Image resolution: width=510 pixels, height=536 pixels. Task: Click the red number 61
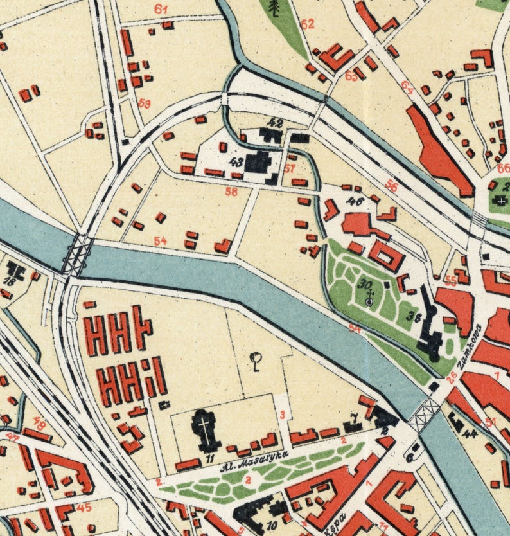[161, 10]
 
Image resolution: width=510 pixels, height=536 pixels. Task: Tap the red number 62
[308, 24]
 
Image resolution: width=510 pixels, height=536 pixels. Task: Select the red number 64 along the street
[407, 84]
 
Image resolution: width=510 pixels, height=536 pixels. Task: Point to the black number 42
[276, 122]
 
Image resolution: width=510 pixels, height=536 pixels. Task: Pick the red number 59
[144, 103]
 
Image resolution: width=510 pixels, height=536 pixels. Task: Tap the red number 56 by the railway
[391, 186]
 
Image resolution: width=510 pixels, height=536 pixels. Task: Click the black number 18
[10, 281]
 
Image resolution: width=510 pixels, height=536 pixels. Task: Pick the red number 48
[40, 424]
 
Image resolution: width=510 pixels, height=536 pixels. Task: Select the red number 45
[84, 507]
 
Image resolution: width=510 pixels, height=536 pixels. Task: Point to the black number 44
[470, 434]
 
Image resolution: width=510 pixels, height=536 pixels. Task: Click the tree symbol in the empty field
[257, 362]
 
